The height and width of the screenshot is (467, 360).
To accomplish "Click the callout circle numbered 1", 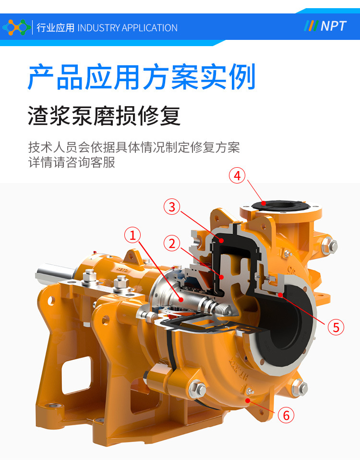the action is (132, 235).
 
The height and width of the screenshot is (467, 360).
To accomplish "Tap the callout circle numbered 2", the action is (172, 243).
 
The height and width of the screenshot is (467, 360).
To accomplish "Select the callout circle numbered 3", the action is (172, 207).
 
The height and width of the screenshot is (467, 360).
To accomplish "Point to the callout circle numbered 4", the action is (237, 175).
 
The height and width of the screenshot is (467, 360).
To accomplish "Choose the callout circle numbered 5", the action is (336, 327).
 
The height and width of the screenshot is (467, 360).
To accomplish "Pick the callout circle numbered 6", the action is (286, 415).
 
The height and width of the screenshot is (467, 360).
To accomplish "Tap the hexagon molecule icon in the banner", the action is (16, 27).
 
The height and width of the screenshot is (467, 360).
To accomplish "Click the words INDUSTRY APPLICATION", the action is (127, 28).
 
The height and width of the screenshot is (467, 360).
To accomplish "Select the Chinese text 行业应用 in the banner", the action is (55, 28).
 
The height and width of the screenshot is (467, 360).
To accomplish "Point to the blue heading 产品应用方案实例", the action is (142, 76).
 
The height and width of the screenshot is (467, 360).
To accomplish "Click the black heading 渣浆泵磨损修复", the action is (104, 116).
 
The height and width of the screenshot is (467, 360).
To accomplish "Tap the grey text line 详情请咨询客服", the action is (72, 162).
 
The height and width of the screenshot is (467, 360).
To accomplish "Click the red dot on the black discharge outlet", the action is (264, 203).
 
